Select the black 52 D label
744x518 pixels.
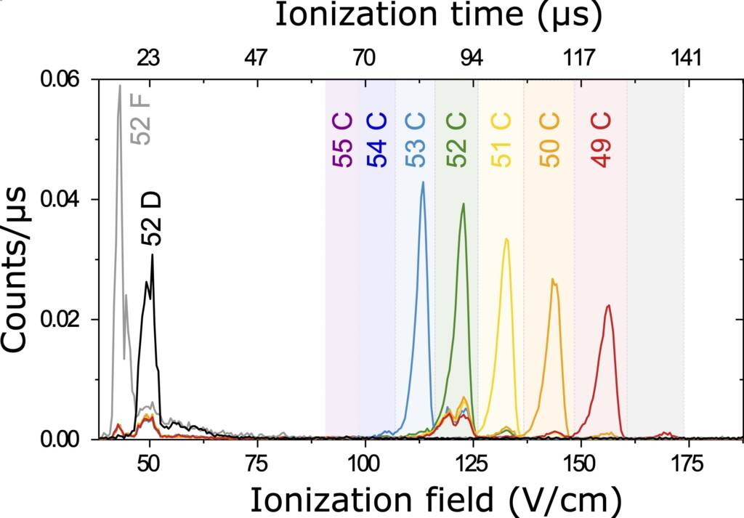(152, 219)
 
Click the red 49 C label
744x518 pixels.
(601, 140)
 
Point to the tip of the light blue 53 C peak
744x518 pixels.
(423, 182)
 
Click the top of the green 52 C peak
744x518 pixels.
(464, 204)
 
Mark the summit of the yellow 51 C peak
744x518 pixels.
(506, 238)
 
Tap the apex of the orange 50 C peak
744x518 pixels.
(552, 279)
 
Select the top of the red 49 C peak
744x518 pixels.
(607, 305)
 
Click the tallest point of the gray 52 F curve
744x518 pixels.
(120, 86)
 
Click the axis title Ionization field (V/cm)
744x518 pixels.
(436, 501)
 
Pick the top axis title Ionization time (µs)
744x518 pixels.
(438, 16)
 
